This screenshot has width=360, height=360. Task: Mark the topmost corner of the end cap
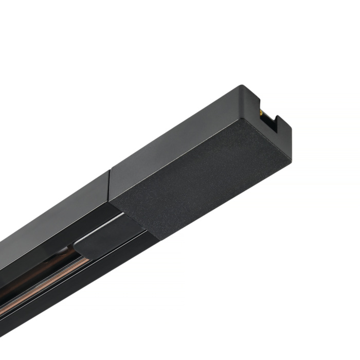coord(240,86)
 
